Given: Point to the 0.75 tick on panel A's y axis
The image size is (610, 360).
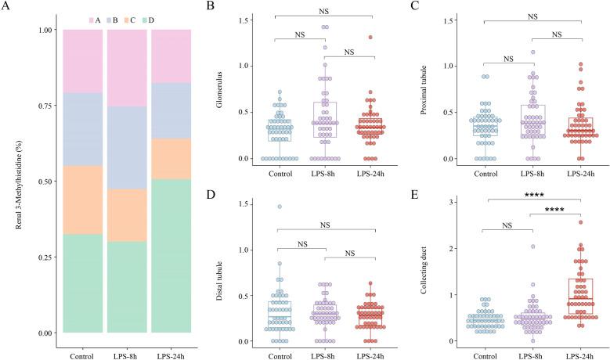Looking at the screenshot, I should [49, 106].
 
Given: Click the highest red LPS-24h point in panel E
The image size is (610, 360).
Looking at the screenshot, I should [581, 222].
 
